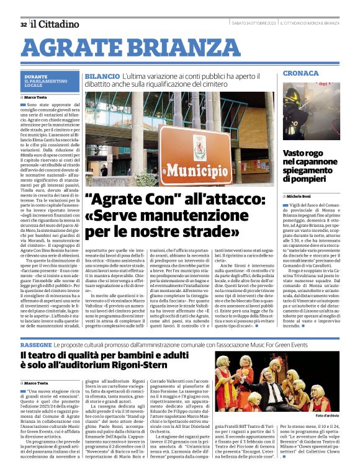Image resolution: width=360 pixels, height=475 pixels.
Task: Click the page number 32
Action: click(x=23, y=24)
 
